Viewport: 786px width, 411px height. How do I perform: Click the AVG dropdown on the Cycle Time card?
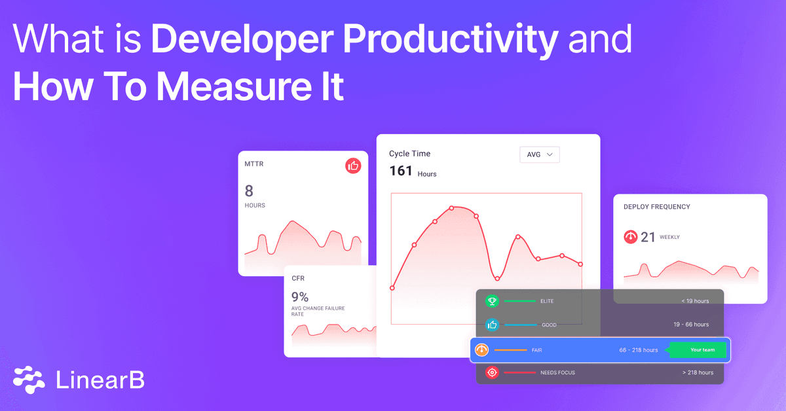click(x=539, y=154)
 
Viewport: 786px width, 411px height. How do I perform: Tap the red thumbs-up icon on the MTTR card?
click(x=353, y=166)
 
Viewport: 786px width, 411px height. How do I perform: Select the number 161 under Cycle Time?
click(x=401, y=171)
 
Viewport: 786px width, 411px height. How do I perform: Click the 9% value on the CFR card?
click(x=300, y=296)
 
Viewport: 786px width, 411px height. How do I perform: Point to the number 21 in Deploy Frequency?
click(x=648, y=237)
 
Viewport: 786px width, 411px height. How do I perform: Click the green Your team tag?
click(x=699, y=350)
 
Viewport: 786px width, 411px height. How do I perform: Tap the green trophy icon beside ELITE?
click(x=492, y=301)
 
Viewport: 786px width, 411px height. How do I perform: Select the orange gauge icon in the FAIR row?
click(x=481, y=350)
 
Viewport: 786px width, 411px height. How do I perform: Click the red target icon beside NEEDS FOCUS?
click(x=492, y=373)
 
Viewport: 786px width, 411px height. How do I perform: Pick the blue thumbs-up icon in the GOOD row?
click(x=492, y=325)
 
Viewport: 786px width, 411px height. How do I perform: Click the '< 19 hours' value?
click(x=695, y=301)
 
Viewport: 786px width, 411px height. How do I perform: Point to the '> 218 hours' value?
click(x=698, y=373)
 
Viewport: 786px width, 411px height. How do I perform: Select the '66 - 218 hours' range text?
click(x=638, y=350)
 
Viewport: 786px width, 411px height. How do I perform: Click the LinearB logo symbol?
click(x=29, y=380)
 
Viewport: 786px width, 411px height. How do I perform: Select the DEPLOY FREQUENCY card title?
click(x=656, y=207)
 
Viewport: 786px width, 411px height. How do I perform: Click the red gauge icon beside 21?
click(x=631, y=237)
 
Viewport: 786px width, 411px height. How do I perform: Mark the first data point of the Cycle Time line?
click(x=392, y=288)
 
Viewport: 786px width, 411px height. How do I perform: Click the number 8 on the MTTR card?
click(x=249, y=191)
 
